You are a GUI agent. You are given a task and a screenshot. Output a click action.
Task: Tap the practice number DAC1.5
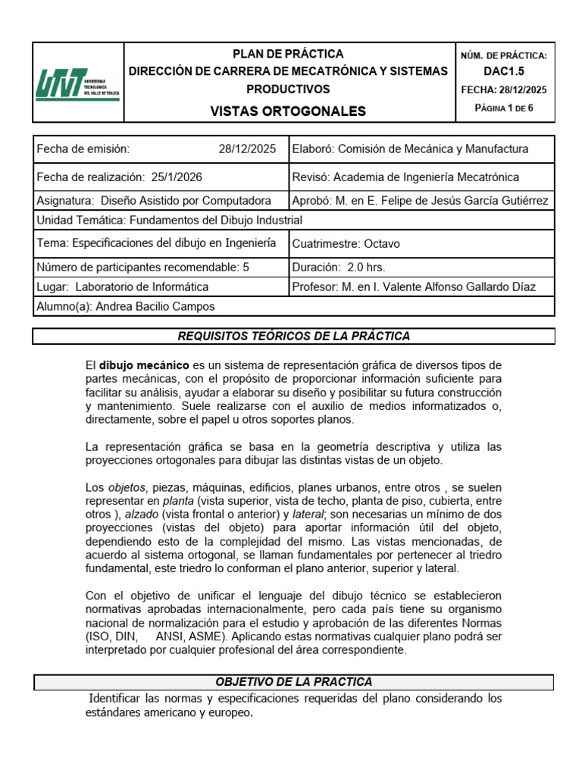click(x=503, y=71)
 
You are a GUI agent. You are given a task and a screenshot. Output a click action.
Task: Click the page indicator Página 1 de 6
click(x=503, y=108)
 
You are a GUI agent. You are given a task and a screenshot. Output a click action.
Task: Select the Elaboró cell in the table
click(x=421, y=149)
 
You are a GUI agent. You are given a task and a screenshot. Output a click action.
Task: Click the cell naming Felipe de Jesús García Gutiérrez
click(x=421, y=201)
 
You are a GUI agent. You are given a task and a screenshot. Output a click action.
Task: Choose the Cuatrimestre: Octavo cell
click(x=421, y=243)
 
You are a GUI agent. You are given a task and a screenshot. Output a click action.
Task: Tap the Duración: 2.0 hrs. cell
click(x=421, y=267)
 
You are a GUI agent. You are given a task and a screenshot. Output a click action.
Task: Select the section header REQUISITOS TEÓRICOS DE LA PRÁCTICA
click(x=293, y=336)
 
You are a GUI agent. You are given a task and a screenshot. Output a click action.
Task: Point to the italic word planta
click(x=178, y=501)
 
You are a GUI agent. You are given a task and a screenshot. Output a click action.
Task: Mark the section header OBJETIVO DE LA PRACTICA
click(x=293, y=682)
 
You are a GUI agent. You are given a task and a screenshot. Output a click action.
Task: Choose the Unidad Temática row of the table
click(x=293, y=221)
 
